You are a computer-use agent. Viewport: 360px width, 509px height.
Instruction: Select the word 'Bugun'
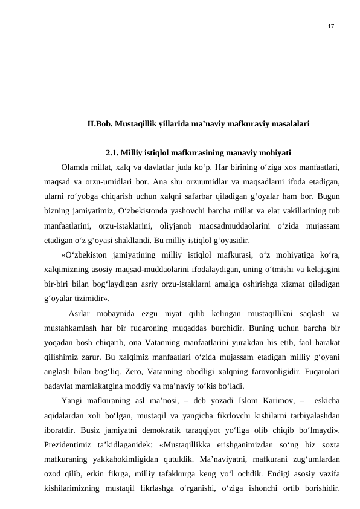[326, 196]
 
